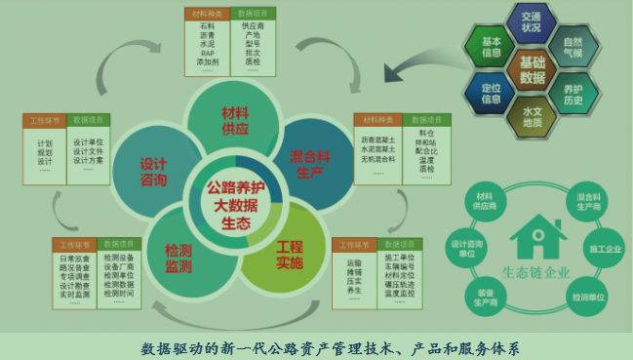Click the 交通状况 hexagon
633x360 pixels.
531,21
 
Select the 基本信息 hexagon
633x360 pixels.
492,46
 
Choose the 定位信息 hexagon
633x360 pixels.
492,93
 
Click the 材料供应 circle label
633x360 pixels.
236,120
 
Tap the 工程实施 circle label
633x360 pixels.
290,255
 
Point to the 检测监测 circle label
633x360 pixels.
178,257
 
